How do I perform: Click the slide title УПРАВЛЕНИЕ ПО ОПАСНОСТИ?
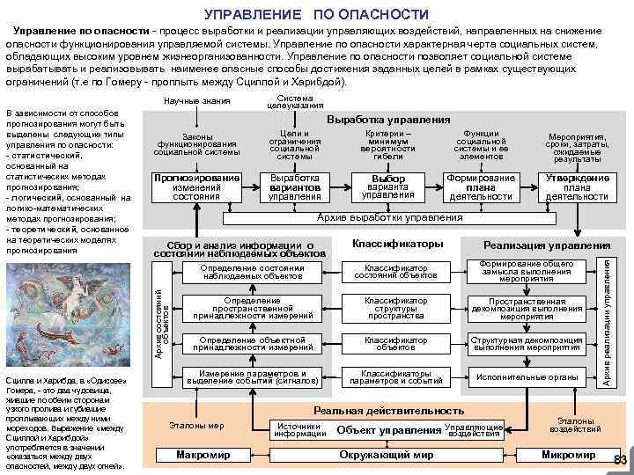click(316, 14)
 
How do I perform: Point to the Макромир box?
click(203, 455)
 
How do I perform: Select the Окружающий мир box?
click(387, 455)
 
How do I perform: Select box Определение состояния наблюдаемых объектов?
click(254, 272)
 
